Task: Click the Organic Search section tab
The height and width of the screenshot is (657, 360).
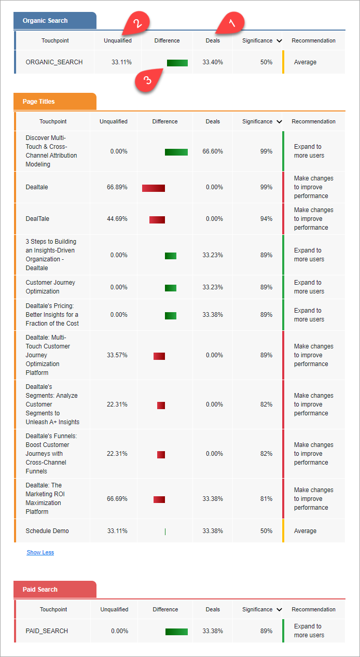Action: (45, 21)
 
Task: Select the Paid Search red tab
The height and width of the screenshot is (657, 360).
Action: (40, 590)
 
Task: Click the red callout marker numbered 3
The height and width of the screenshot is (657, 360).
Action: (148, 80)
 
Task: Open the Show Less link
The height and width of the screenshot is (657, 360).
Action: (40, 552)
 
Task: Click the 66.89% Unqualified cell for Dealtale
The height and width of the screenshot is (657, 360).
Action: (117, 187)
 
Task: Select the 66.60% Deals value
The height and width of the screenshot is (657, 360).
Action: (213, 151)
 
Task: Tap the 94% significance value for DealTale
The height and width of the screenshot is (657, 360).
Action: (267, 219)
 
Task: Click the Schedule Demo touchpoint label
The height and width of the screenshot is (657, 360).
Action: (47, 531)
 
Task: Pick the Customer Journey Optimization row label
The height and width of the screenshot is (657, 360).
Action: (50, 287)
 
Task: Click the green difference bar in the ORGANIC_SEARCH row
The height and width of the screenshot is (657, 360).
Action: (177, 63)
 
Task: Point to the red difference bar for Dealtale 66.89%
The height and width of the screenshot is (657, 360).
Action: (154, 188)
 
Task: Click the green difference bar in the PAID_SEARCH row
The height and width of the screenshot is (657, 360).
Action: (176, 632)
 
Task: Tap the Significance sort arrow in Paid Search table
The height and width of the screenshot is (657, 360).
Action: (280, 610)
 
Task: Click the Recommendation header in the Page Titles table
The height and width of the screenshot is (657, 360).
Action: (313, 121)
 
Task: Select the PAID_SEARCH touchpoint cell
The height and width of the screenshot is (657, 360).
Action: (47, 631)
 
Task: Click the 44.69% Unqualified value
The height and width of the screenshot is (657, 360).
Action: (117, 219)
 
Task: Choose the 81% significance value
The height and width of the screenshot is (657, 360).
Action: (267, 499)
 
